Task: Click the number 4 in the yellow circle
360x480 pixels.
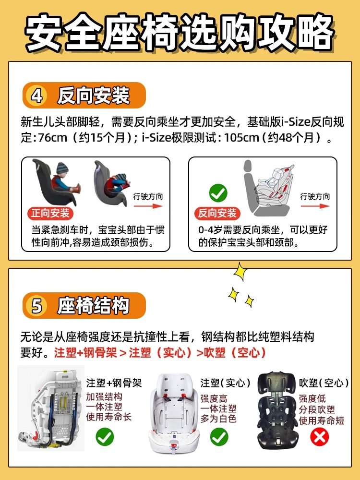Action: pyautogui.click(x=37, y=96)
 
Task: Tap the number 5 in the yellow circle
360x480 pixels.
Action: pyautogui.click(x=37, y=305)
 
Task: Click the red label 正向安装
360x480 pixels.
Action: pyautogui.click(x=50, y=213)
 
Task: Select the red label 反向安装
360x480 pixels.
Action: pyautogui.click(x=217, y=213)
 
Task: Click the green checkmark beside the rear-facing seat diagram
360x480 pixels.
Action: pyautogui.click(x=218, y=193)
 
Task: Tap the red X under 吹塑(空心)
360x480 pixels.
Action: pyautogui.click(x=319, y=437)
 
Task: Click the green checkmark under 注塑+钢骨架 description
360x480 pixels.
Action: pyautogui.click(x=105, y=437)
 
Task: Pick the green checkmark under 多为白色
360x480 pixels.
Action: pyautogui.click(x=219, y=437)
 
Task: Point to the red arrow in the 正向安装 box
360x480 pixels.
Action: pyautogui.click(x=148, y=206)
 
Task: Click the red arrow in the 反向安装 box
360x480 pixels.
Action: pyautogui.click(x=315, y=206)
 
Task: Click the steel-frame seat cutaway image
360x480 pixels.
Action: pyautogui.click(x=51, y=408)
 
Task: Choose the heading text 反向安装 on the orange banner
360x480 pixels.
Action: pyautogui.click(x=94, y=96)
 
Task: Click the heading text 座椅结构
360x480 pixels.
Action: pyautogui.click(x=94, y=305)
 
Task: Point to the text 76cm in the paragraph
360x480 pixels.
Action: pyautogui.click(x=52, y=138)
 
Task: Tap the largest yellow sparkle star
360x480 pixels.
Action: pyautogui.click(x=240, y=271)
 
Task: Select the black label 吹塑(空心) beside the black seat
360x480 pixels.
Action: pyautogui.click(x=324, y=383)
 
